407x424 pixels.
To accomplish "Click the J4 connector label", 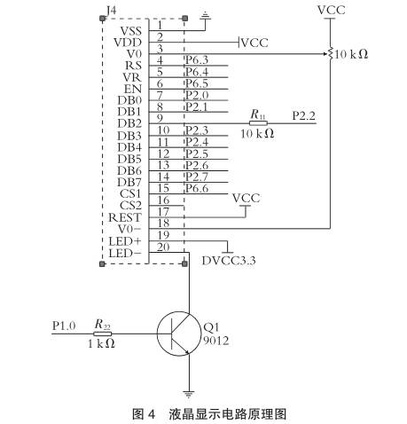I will [x=109, y=11].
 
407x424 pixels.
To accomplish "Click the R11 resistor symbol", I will [x=257, y=123].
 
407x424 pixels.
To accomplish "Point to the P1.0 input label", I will [x=64, y=326].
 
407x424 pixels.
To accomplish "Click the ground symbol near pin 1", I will [x=205, y=15].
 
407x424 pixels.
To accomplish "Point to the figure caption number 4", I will [x=151, y=413].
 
